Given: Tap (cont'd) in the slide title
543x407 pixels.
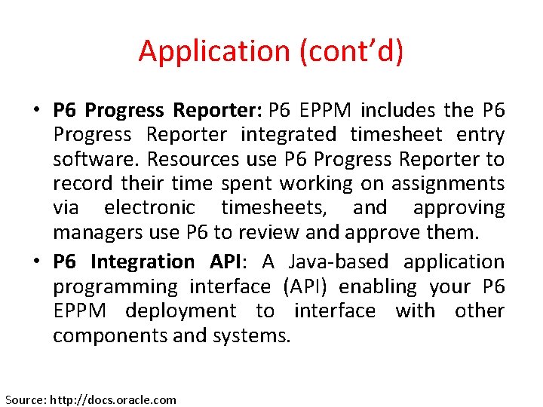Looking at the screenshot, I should click(x=351, y=51).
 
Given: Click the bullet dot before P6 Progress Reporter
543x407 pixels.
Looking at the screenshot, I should click(x=36, y=111).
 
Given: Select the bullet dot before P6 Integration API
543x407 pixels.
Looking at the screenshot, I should click(x=36, y=262).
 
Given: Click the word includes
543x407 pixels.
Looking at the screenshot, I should click(x=397, y=111).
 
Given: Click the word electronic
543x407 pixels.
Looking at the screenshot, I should click(x=149, y=208).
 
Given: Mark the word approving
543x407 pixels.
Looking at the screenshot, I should click(x=459, y=208).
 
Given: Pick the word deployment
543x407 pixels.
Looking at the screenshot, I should click(x=180, y=311).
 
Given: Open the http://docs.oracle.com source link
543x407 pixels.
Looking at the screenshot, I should click(x=112, y=399).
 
